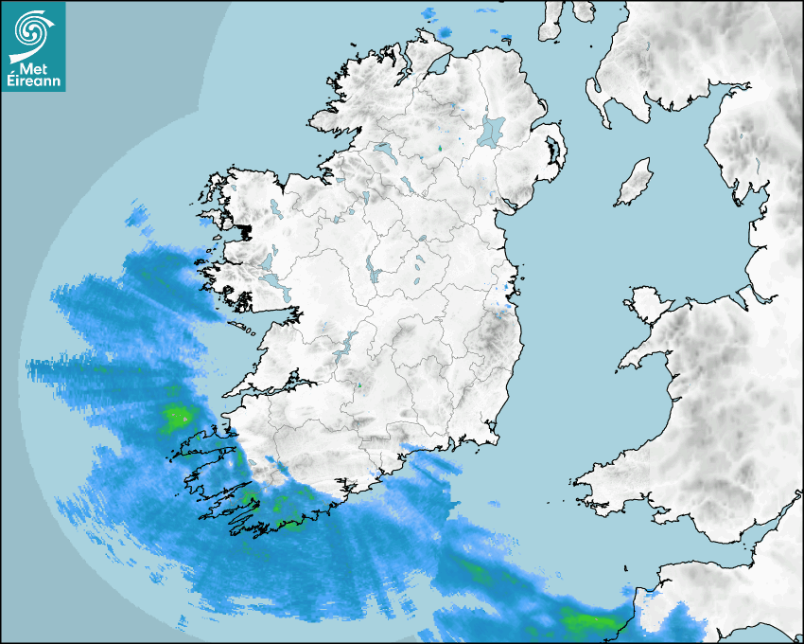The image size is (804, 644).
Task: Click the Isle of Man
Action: [635, 182]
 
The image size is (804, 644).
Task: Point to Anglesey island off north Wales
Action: [647, 301]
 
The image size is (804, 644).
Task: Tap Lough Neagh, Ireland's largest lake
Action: [492, 130]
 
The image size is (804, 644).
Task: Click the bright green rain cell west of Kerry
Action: [177, 416]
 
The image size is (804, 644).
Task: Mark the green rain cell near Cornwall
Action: [586, 621]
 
